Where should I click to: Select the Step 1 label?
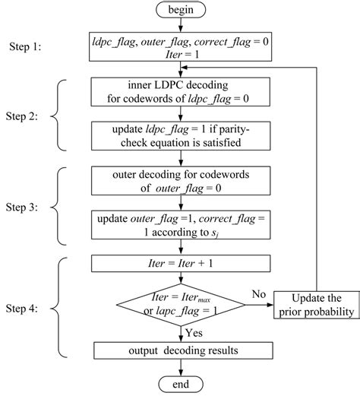(27, 46)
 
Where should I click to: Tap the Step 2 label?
(27, 119)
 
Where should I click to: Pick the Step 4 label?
(27, 310)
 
